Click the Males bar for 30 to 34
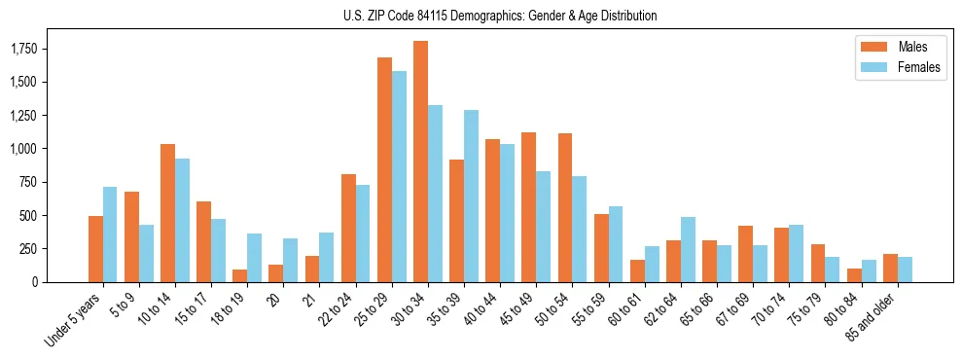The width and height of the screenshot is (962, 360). (x=420, y=162)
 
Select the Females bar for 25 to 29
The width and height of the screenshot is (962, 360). (x=399, y=176)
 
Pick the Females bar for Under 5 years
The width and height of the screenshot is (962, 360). (x=110, y=234)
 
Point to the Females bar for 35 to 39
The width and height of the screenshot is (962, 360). (x=471, y=196)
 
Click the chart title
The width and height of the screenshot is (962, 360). (x=500, y=16)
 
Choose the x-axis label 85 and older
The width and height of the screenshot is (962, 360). (x=872, y=318)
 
